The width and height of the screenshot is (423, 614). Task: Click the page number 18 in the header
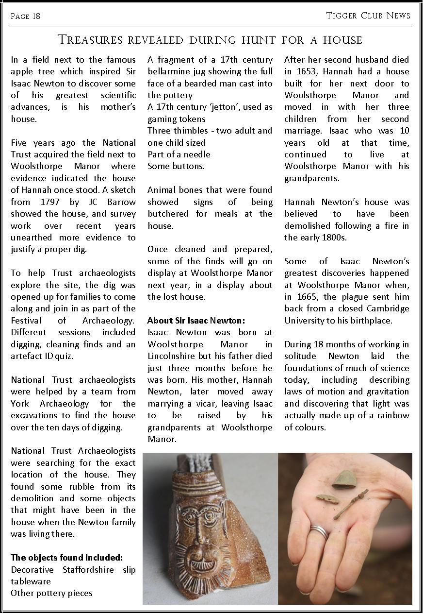point(36,17)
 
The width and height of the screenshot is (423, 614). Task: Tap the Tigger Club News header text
point(368,16)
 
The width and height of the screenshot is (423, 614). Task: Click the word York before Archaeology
point(20,404)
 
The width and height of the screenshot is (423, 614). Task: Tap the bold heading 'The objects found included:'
point(67,557)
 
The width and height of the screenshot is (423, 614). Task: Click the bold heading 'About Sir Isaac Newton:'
point(196,321)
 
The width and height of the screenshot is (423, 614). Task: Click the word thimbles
point(188,131)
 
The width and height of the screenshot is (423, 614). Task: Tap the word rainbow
point(392,415)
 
